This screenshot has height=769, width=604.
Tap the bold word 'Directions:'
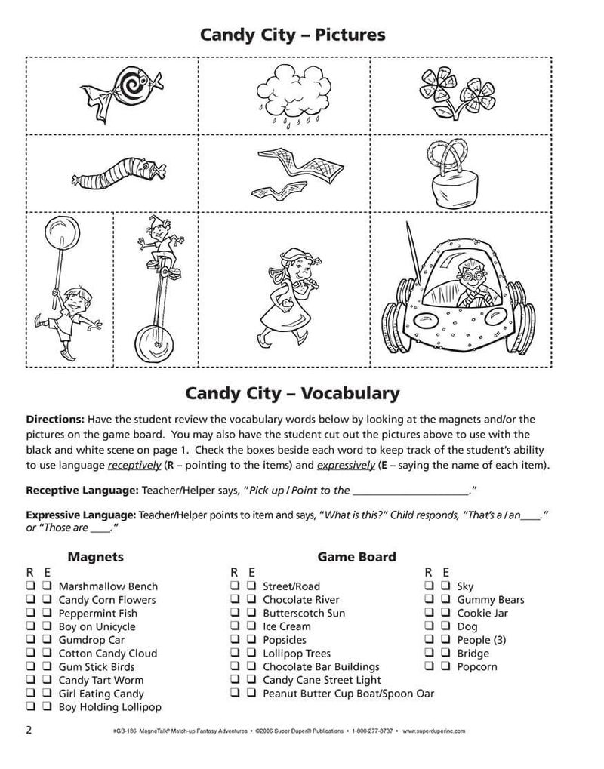pyautogui.click(x=55, y=419)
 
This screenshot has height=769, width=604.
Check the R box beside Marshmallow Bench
pyautogui.click(x=32, y=586)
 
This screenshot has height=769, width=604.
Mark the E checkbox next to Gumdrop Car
pyautogui.click(x=46, y=640)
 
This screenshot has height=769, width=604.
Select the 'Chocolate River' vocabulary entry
pyautogui.click(x=300, y=600)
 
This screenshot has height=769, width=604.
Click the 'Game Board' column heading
pyautogui.click(x=356, y=557)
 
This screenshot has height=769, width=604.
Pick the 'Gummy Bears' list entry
pyautogui.click(x=490, y=600)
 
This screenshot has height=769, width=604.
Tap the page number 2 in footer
pyautogui.click(x=29, y=729)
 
